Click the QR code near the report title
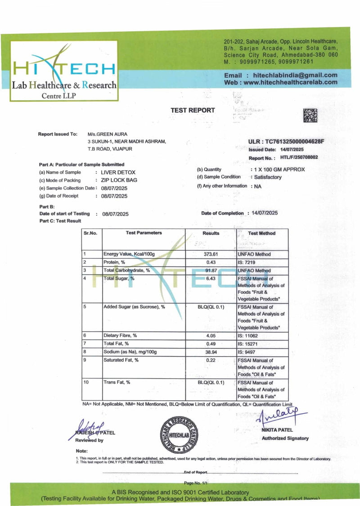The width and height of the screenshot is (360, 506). click(x=310, y=115)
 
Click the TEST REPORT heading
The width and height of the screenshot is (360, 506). click(x=193, y=110)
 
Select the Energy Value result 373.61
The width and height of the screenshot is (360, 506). click(x=211, y=254)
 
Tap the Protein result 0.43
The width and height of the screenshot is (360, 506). click(x=211, y=262)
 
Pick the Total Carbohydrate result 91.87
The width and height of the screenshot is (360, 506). click(x=211, y=271)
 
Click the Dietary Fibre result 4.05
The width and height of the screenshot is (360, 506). click(x=211, y=335)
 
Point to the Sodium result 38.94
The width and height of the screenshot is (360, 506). click(x=211, y=352)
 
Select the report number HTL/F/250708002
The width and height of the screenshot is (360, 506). click(x=299, y=158)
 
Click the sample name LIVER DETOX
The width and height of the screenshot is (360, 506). click(x=118, y=172)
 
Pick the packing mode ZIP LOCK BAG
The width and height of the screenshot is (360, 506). click(x=119, y=180)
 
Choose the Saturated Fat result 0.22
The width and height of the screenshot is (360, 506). click(x=211, y=360)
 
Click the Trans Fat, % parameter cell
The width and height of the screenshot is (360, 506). click(x=117, y=382)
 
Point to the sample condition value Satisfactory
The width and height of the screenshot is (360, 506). click(x=268, y=177)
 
